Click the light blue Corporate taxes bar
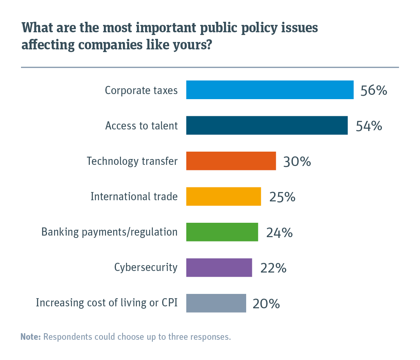tap(269, 90)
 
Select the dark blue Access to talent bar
tap(267, 126)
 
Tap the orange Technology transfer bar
tap(231, 161)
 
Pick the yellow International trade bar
tap(223, 196)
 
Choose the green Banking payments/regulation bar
tap(222, 232)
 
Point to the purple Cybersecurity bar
tap(219, 267)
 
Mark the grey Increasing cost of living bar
tap(216, 303)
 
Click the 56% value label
tap(374, 91)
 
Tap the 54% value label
tap(369, 126)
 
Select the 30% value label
tap(297, 161)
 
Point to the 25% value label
tap(282, 197)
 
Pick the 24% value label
tap(279, 232)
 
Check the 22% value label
tap(273, 268)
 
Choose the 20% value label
tap(266, 304)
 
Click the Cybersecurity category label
tap(146, 267)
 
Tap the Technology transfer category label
tap(132, 161)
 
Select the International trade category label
tap(134, 196)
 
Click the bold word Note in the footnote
tap(30, 337)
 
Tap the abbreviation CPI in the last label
tap(170, 303)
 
